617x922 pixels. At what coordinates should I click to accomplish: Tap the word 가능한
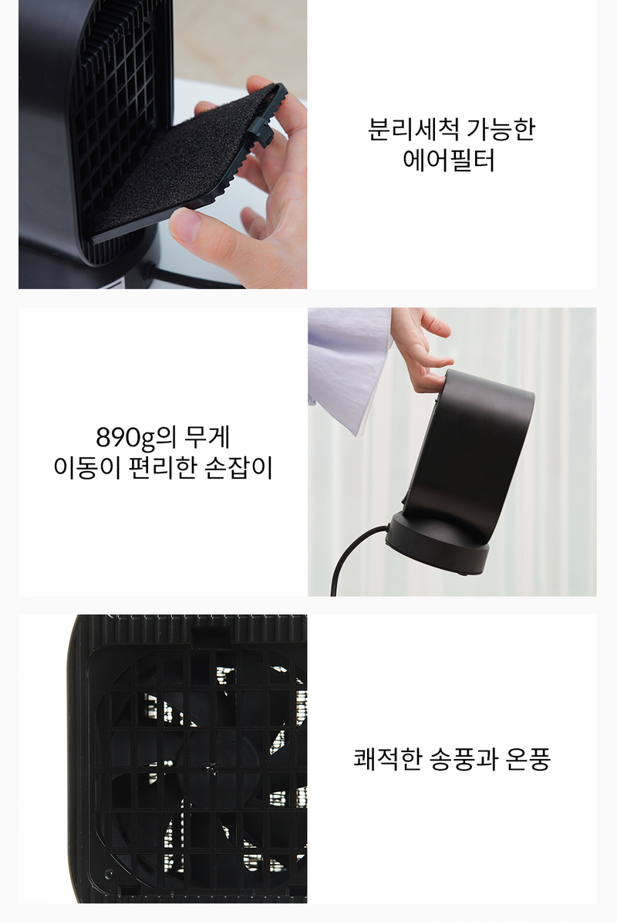501,129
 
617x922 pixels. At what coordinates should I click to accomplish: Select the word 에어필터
449,160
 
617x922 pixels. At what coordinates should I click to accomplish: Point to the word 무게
207,437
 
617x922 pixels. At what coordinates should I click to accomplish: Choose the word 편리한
162,468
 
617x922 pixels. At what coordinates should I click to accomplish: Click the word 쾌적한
388,758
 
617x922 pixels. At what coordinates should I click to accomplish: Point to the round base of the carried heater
438,542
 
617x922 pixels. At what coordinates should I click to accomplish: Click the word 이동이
87,468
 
